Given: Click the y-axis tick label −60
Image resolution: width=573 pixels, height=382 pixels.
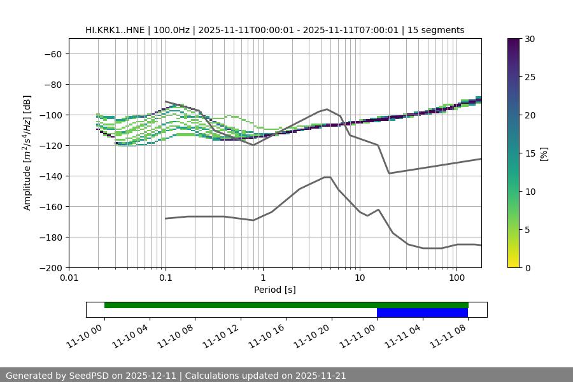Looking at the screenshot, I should pos(53,54).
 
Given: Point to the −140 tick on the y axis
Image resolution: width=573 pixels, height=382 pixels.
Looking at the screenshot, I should pos(50,176).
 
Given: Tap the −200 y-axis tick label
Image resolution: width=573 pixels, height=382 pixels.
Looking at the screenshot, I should pos(50,268).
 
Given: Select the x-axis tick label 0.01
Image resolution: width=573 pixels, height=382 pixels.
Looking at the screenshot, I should pos(69,278).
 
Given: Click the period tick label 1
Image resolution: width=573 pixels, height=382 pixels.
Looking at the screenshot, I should pos(262,278).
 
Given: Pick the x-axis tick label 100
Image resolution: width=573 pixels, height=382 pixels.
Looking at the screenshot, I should pos(456,278).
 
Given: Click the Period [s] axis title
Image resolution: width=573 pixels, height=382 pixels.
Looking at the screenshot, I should pos(274,290).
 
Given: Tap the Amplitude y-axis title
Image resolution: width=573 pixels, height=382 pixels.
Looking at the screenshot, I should pos(27,153).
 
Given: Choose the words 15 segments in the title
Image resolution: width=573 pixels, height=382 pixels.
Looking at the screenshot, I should pos(437,30).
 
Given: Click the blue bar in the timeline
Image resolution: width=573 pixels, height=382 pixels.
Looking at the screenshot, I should pos(422,313).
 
